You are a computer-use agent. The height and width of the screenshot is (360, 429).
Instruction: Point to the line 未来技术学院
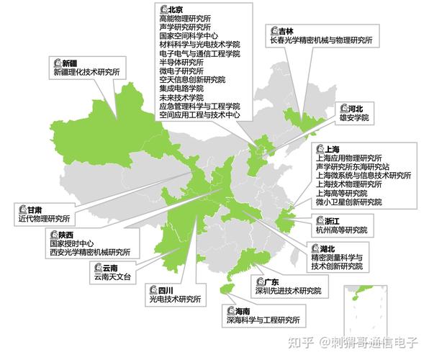181,97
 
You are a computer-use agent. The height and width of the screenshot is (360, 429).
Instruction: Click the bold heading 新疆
69,63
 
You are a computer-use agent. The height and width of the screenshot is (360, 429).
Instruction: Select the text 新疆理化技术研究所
86,73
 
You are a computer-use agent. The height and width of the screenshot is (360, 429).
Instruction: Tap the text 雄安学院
353,117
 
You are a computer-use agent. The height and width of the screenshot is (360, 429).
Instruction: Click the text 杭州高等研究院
340,230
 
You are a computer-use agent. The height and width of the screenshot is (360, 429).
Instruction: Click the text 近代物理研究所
44,218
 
